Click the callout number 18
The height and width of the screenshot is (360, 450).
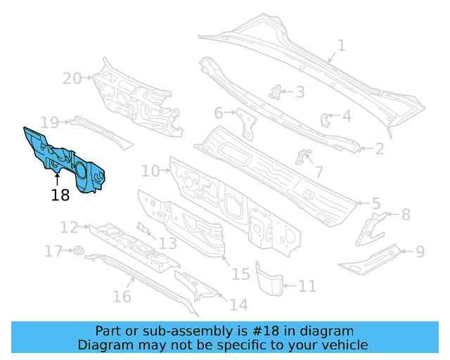click(x=60, y=195)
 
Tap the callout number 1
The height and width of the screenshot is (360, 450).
click(x=341, y=46)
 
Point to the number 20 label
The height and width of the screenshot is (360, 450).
click(x=72, y=78)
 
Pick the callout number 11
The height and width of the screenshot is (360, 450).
click(x=307, y=286)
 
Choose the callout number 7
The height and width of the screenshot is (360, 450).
click(x=319, y=172)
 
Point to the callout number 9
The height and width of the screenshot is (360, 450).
click(x=420, y=251)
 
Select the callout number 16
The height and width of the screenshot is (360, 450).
click(x=122, y=296)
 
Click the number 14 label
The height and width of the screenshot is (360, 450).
click(x=238, y=304)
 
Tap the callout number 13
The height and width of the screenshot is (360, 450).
click(x=167, y=243)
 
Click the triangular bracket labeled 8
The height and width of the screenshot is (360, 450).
click(x=371, y=226)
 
